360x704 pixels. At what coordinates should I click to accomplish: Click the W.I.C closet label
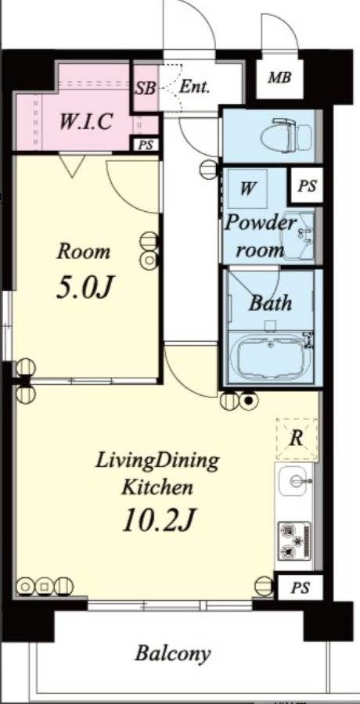coord(85,121)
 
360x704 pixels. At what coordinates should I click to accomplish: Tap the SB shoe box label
coord(146,88)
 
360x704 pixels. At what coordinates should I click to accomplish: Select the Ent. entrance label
coord(194,87)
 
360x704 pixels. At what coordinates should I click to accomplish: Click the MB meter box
coord(279,77)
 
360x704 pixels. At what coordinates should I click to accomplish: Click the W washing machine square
coord(247,188)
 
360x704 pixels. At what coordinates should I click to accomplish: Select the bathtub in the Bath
coord(271,357)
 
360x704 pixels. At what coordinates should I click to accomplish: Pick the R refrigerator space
coord(297,439)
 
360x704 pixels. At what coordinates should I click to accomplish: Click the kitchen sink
coord(295,481)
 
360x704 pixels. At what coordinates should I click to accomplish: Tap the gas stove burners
coord(294,541)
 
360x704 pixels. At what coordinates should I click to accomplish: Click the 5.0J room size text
coord(84,288)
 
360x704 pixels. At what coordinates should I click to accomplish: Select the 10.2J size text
coord(158,520)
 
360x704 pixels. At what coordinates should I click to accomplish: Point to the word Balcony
coord(173,654)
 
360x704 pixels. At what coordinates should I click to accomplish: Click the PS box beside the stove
coord(300,587)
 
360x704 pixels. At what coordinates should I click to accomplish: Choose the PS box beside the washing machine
coord(308,185)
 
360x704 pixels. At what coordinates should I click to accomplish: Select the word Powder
coord(261,223)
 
